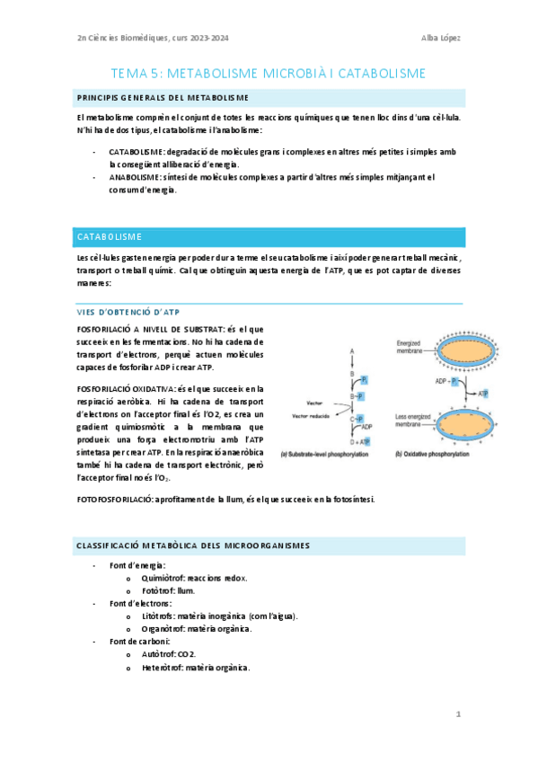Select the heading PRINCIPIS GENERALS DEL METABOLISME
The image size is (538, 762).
pos(163,97)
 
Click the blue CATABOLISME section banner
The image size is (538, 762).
pos(269,236)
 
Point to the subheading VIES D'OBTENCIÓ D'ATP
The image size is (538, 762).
pos(130,312)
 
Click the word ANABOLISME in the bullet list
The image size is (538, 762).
pos(136,177)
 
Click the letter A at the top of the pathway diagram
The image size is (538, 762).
pos(352,349)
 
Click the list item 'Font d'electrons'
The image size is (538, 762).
pos(140,603)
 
